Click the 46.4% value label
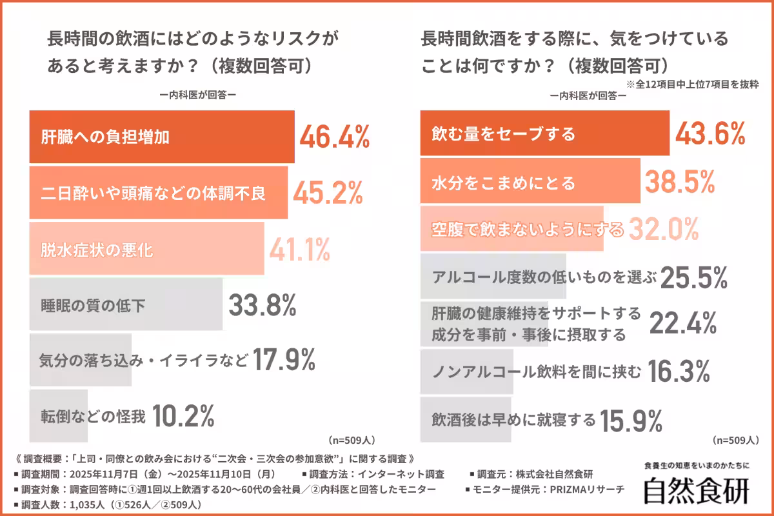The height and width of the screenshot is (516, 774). pyautogui.click(x=333, y=137)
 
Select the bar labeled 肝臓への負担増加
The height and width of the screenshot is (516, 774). pyautogui.click(x=161, y=137)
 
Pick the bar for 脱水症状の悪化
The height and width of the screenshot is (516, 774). pyautogui.click(x=146, y=249)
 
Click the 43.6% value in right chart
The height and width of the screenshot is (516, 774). pyautogui.click(x=710, y=134)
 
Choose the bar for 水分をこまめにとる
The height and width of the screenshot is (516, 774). pyautogui.click(x=530, y=183)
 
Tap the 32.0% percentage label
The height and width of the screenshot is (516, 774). pyautogui.click(x=664, y=229)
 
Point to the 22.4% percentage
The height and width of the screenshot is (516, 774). pyautogui.click(x=682, y=324)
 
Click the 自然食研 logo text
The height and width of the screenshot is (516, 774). pyautogui.click(x=697, y=490)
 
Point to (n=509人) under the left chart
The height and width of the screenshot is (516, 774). pyautogui.click(x=352, y=441)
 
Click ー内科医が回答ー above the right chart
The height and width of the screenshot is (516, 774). pyautogui.click(x=588, y=95)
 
